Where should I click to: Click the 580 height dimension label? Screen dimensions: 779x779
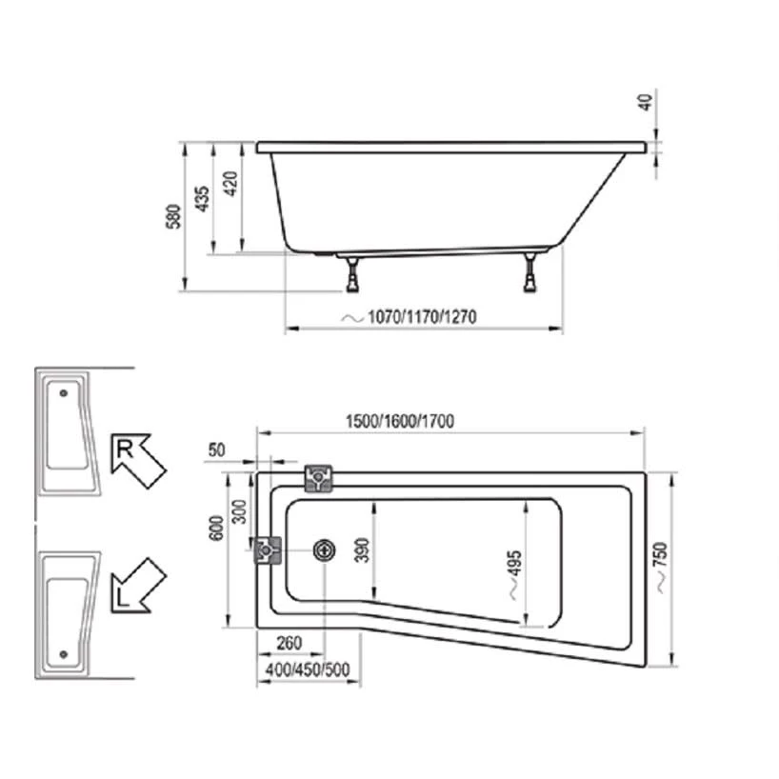pyautogui.click(x=173, y=216)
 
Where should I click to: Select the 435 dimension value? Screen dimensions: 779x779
pyautogui.click(x=202, y=199)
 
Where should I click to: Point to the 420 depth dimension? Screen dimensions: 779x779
pyautogui.click(x=230, y=184)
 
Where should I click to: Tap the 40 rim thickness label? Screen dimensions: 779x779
pyautogui.click(x=645, y=102)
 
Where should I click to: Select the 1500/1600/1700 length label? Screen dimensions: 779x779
pyautogui.click(x=400, y=421)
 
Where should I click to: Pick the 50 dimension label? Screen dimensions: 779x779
pyautogui.click(x=216, y=450)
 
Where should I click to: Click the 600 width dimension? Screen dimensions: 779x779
pyautogui.click(x=216, y=529)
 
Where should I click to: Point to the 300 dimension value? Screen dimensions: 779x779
pyautogui.click(x=239, y=511)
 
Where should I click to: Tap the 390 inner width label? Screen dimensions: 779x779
pyautogui.click(x=362, y=550)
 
